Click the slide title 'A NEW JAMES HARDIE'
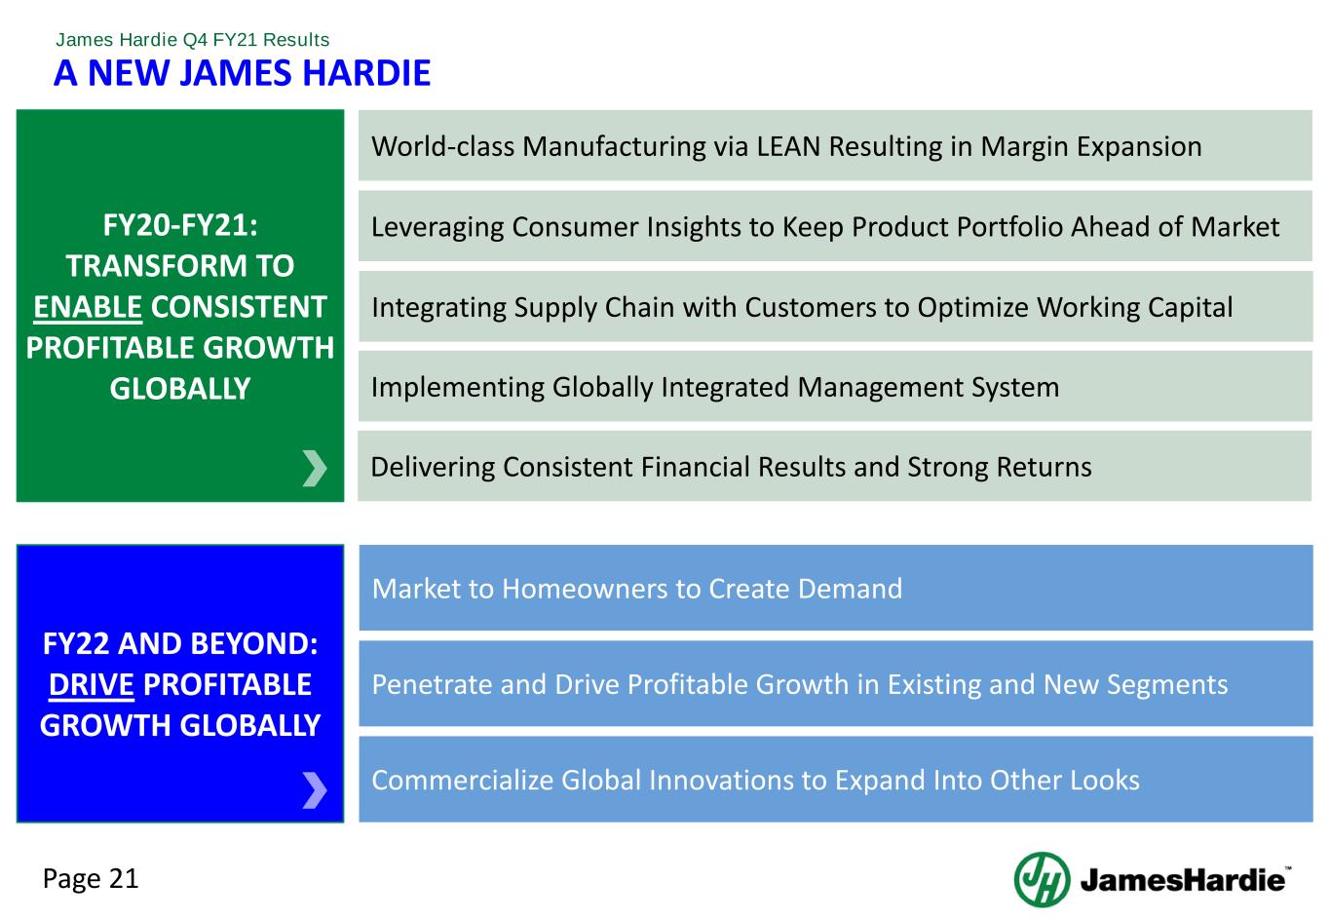242,73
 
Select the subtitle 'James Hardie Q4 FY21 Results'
192,40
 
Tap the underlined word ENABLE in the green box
88,307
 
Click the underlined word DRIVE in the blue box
91,684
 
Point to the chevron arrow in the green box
315,468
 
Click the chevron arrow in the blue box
315,789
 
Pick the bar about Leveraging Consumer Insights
824,227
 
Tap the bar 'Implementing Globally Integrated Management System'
714,387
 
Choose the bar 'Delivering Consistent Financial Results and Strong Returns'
731,467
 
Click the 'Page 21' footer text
91,879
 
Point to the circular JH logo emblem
1042,879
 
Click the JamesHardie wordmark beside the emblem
1182,880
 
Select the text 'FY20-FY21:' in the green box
180,225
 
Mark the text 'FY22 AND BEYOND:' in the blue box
180,643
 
